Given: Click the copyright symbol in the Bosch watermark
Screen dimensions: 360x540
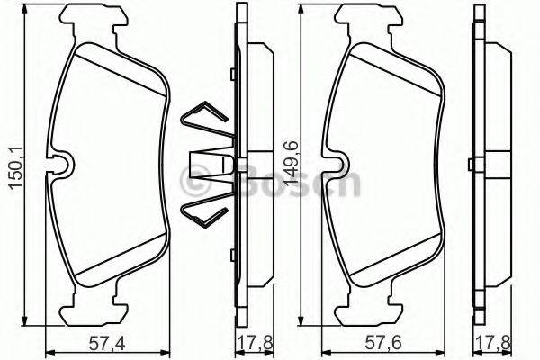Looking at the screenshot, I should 195,184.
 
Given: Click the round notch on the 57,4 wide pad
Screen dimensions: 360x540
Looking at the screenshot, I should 63,166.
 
